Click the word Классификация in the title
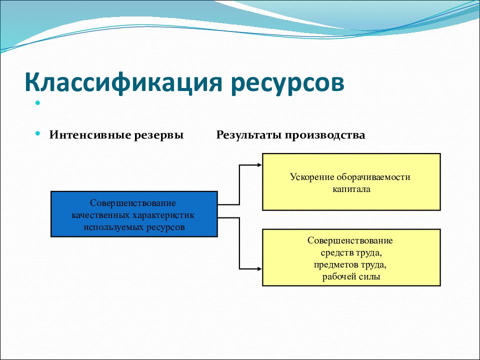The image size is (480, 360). point(123,82)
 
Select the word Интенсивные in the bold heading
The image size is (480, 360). point(90,134)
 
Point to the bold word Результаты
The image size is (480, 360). point(249,135)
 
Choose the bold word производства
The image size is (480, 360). point(325,135)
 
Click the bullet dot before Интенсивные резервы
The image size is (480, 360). point(38,133)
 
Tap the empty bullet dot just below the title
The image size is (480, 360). point(38,103)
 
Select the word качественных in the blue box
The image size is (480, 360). point(100,215)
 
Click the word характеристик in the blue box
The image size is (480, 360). point(163,215)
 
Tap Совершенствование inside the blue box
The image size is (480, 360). point(133,203)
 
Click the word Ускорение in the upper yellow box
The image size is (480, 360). point(312,177)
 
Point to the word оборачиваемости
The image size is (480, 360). point(373,177)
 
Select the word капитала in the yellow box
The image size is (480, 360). point(351,189)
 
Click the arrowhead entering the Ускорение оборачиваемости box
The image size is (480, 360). point(259,165)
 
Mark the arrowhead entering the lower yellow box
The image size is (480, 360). point(259,269)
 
